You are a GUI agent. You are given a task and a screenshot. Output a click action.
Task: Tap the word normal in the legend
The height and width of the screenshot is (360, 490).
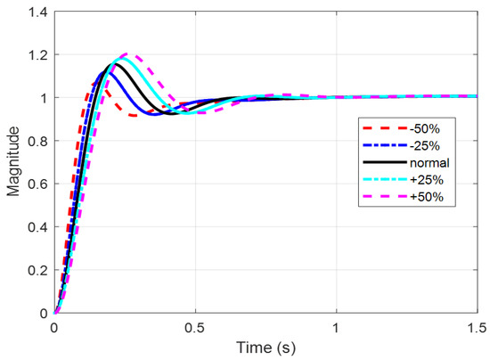point(424,164)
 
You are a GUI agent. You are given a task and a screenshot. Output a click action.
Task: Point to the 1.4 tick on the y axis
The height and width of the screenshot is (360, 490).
point(37,11)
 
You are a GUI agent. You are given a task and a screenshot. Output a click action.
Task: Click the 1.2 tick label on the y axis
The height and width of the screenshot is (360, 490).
point(37,54)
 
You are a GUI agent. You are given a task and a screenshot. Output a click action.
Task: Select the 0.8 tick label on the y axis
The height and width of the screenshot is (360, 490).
point(37,141)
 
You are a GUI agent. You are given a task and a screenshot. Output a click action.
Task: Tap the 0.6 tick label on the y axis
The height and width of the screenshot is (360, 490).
point(37,184)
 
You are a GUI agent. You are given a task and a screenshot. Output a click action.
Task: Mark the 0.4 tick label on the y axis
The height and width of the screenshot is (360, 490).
point(37,226)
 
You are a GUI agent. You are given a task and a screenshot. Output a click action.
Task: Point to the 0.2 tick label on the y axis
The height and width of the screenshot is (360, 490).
point(37,270)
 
